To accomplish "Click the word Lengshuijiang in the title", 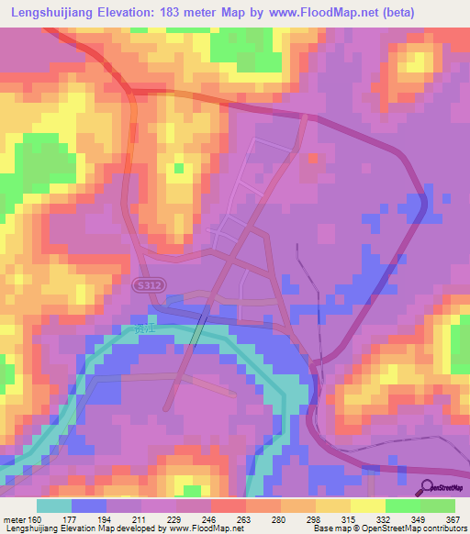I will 55,13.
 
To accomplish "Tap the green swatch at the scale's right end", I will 437,506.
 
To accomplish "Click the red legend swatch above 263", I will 229,506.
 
